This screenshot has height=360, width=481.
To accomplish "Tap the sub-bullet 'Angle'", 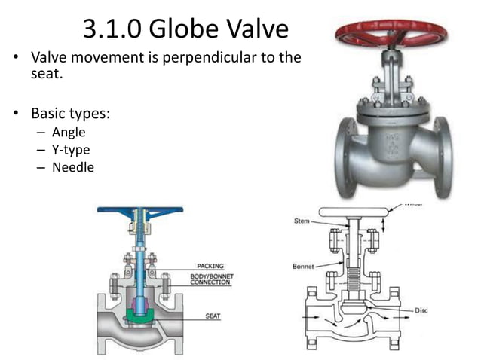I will (69, 133).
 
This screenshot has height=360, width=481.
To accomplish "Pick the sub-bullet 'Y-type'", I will (71, 150).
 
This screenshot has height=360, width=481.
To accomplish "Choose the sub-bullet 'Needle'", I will (73, 167).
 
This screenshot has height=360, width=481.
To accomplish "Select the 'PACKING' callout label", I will (210, 266).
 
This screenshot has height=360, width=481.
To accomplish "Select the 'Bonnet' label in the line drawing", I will (303, 266).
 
